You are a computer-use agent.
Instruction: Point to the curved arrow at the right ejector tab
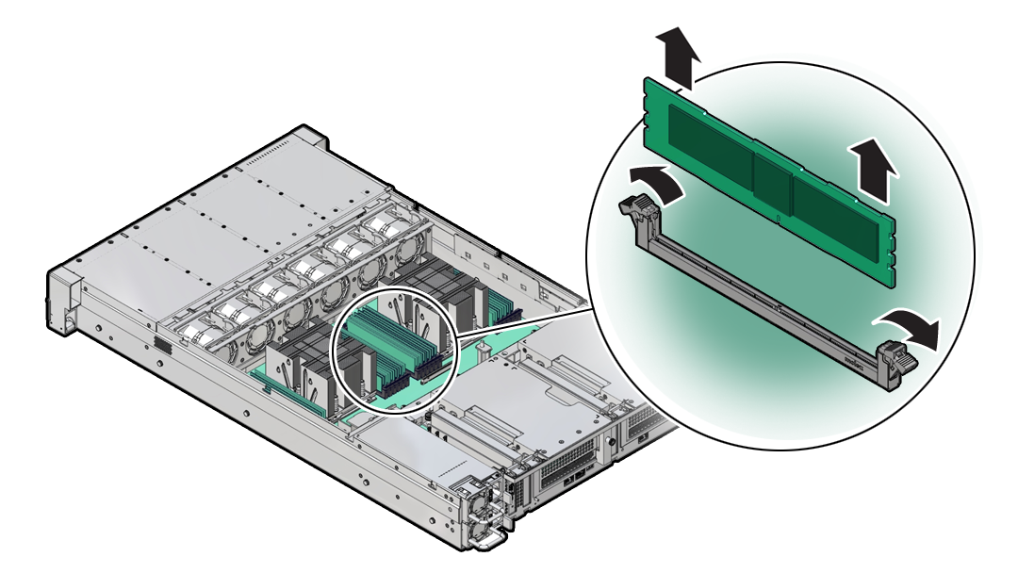point(913,329)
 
